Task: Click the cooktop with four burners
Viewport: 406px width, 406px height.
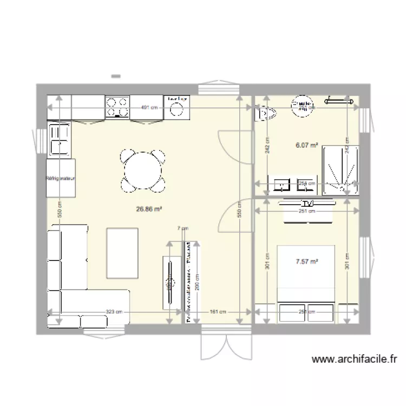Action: [x=117, y=107]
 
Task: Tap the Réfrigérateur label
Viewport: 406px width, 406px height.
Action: [x=60, y=178]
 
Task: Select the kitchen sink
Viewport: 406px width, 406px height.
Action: [x=60, y=139]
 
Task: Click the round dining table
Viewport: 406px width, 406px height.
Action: [x=142, y=171]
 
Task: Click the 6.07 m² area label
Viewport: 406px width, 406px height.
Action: [x=306, y=145]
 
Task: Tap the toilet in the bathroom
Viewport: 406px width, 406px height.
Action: [x=266, y=113]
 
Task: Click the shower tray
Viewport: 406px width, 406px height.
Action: [x=340, y=170]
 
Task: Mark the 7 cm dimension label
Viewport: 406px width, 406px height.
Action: [x=183, y=228]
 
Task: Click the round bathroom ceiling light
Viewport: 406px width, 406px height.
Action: [x=302, y=107]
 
